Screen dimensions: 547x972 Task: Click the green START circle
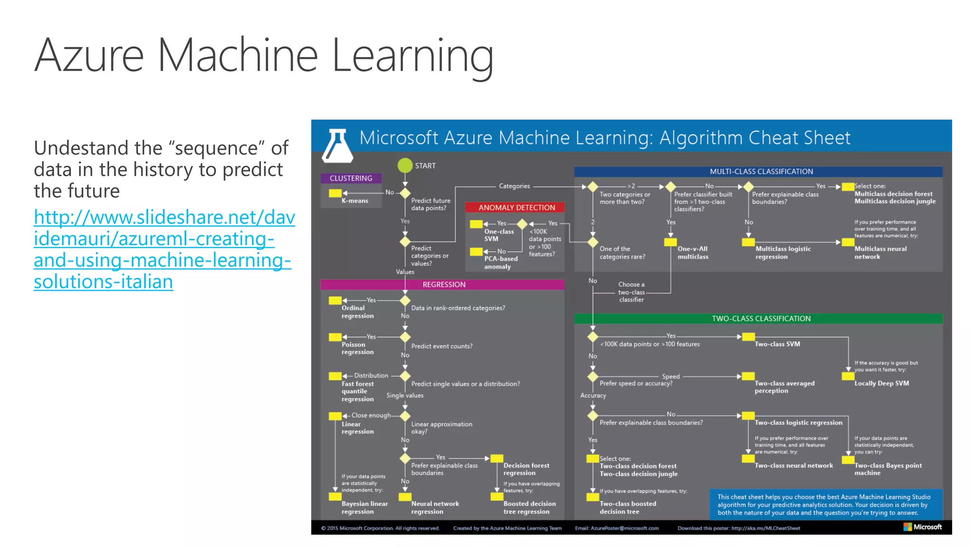405,165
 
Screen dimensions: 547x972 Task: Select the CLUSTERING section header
351,178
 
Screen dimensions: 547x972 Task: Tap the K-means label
355,201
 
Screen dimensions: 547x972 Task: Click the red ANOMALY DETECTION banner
516,207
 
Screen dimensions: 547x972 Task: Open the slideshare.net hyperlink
164,249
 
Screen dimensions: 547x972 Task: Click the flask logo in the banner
337,145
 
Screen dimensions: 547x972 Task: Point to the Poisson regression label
357,349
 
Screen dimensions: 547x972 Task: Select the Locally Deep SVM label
881,383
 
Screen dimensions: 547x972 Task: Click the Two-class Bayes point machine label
888,469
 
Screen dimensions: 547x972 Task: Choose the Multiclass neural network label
880,253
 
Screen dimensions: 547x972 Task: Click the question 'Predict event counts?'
441,346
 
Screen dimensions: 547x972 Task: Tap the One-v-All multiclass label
692,253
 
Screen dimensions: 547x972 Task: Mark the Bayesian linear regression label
364,508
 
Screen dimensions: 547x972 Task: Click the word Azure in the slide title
89,56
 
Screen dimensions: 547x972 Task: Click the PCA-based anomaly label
500,263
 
